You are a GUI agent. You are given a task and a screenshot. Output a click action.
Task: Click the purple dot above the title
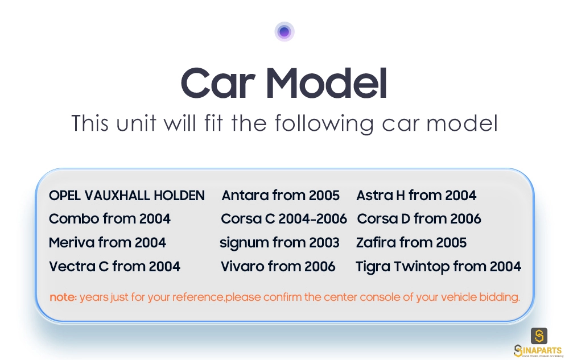[284, 32]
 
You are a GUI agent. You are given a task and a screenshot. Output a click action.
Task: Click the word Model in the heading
[326, 83]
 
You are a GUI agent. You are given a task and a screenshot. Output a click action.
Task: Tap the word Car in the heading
[218, 83]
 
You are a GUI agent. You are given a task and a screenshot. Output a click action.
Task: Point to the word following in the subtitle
[324, 123]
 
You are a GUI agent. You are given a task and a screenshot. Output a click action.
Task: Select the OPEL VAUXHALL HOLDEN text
[127, 196]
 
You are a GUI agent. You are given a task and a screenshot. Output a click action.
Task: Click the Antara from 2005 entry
[281, 196]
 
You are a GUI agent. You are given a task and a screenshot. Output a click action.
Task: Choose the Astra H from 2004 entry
[417, 196]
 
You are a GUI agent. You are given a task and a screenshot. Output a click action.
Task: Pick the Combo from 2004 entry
[110, 218]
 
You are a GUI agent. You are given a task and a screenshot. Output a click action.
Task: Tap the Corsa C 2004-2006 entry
[284, 218]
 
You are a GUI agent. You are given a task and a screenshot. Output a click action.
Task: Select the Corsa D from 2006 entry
[419, 218]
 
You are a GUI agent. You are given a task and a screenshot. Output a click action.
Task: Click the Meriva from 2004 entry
[108, 242]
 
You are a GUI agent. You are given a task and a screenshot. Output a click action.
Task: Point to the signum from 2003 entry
[279, 243]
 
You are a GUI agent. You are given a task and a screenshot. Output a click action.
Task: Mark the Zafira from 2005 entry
[411, 242]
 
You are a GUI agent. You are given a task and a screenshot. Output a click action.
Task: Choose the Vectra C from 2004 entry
[115, 267]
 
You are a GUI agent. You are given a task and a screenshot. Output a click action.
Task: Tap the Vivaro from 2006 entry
[278, 267]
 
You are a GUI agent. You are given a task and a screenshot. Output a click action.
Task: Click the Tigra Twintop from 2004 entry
[438, 267]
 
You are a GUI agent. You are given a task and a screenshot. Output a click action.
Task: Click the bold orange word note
[63, 297]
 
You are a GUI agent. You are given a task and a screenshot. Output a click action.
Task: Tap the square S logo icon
[539, 336]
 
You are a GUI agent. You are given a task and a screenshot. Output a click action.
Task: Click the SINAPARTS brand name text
[538, 350]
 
